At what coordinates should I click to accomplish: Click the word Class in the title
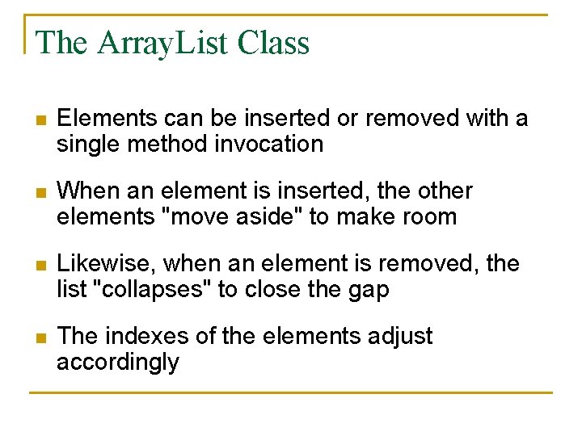click(274, 43)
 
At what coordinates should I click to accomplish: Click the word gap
click(369, 289)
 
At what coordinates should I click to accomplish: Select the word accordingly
click(118, 362)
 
